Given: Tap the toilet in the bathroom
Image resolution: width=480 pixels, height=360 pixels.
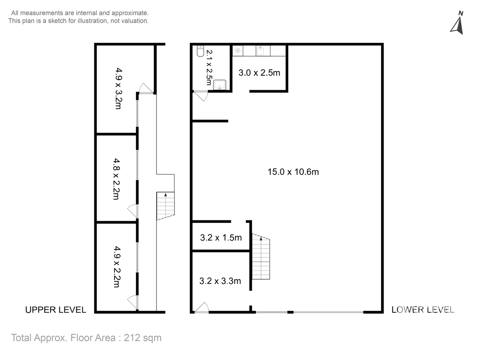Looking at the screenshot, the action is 200,51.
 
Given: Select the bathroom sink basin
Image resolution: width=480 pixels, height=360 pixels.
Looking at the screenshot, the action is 220,85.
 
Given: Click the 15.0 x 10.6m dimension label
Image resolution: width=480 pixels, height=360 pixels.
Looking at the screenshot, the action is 293,172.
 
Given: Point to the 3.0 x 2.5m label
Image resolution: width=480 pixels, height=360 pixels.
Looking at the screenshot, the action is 259,73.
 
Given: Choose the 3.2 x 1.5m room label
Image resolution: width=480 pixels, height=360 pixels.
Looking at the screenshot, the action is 221,238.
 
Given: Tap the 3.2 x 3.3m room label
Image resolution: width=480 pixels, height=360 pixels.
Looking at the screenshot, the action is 220,281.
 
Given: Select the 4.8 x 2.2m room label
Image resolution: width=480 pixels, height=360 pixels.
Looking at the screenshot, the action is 116,179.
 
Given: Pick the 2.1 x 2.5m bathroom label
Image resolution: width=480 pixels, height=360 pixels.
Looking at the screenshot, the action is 209,68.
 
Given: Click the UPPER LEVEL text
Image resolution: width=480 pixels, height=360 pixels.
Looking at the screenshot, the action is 56,310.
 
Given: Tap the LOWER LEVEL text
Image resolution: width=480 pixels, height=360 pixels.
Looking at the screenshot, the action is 423,310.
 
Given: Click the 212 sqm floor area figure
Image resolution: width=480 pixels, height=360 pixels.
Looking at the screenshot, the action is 142,338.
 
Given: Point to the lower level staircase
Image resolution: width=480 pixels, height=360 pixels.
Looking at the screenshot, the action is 261,257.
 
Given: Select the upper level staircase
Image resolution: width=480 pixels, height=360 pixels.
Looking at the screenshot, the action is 166,206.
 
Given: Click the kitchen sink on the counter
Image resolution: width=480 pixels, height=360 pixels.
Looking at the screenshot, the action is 260,51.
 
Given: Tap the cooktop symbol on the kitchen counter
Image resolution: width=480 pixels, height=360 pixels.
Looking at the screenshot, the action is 238,51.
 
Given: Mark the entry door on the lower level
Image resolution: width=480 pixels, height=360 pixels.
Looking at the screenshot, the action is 202,307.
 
